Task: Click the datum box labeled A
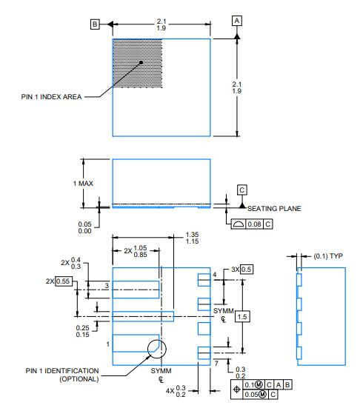[237, 21]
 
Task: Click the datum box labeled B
[95, 24]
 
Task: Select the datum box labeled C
[241, 190]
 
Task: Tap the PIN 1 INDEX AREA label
[51, 97]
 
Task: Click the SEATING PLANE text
[274, 209]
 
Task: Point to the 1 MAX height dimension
[83, 184]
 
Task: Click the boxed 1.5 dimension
[242, 317]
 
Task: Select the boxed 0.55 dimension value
[64, 281]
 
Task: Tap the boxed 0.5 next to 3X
[247, 270]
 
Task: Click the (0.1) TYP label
[328, 256]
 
